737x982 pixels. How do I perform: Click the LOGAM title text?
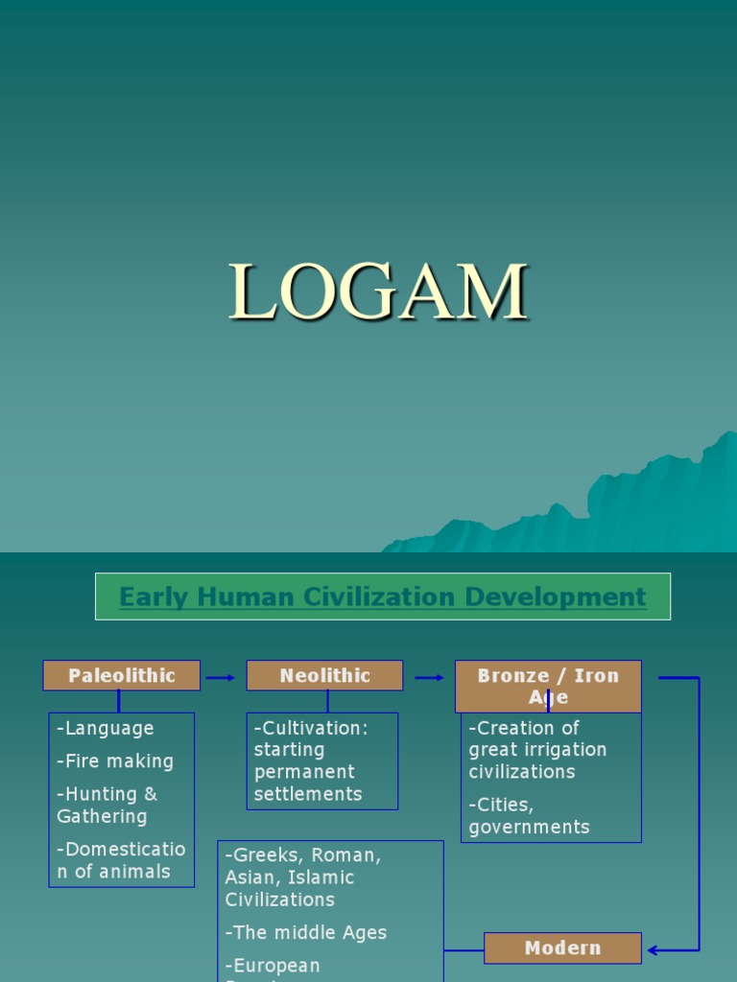[x=378, y=292]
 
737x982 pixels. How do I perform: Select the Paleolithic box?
[x=121, y=675]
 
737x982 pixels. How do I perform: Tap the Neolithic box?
[x=324, y=675]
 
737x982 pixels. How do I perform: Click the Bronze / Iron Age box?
[x=548, y=686]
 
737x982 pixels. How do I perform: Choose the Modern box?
[x=562, y=947]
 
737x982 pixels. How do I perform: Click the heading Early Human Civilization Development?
[x=382, y=596]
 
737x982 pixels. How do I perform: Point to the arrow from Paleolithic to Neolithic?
[x=222, y=677]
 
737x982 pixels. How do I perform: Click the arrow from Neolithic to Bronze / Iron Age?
[x=429, y=677]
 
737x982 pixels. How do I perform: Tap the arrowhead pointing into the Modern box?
[x=654, y=950]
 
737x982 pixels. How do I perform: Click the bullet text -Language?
[x=106, y=728]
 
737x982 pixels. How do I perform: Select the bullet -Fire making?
[x=115, y=761]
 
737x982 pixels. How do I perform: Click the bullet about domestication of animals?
[x=120, y=859]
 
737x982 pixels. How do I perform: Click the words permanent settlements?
[x=307, y=783]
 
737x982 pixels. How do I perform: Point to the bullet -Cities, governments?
[x=529, y=815]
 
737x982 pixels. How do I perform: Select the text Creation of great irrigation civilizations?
[x=536, y=750]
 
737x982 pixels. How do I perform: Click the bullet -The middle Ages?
[x=306, y=932]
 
